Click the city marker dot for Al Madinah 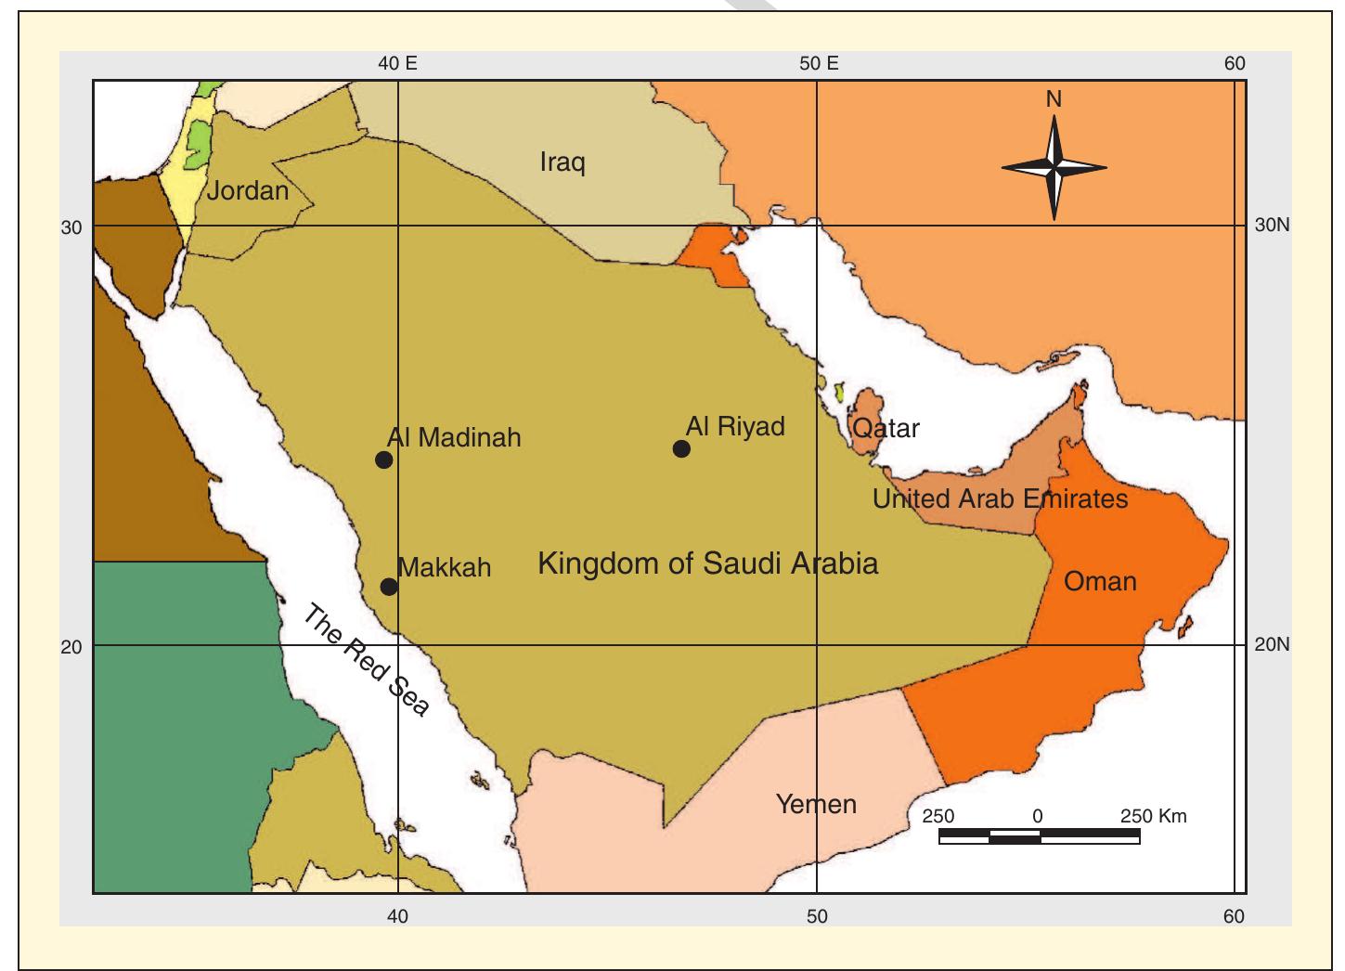(x=383, y=460)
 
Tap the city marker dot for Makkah (x=389, y=587)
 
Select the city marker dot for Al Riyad (x=681, y=449)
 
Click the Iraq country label (x=563, y=163)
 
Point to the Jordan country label (x=248, y=191)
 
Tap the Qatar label (x=886, y=428)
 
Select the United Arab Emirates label (x=1000, y=499)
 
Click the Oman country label (x=1100, y=582)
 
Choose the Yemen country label (x=816, y=804)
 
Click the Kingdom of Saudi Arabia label (x=707, y=563)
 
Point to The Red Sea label (x=367, y=660)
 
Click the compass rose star (x=1054, y=168)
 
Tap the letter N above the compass (x=1054, y=99)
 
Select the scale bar (x=1039, y=836)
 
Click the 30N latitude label (x=1271, y=226)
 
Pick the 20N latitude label (x=1271, y=644)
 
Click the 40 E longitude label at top (x=397, y=63)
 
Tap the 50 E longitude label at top (x=818, y=63)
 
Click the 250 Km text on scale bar (x=1154, y=816)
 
